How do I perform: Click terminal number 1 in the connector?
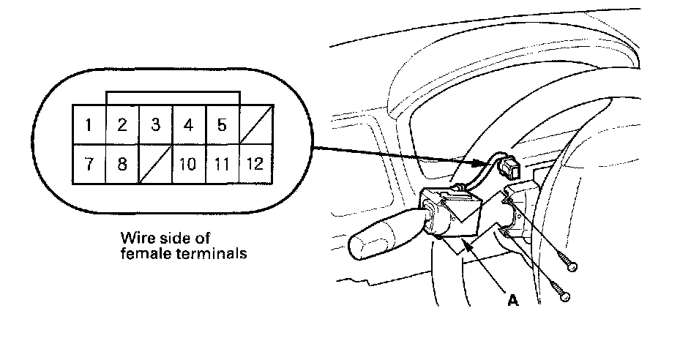pos(89,124)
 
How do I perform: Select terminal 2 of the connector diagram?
pos(122,124)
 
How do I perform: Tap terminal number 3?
pos(155,124)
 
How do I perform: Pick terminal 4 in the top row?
pos(189,124)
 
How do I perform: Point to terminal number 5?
pos(222,124)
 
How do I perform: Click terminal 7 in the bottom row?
pos(89,163)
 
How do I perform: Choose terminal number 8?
pos(122,163)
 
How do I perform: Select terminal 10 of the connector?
pos(189,163)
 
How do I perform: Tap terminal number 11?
pos(222,163)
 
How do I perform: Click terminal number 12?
pos(255,163)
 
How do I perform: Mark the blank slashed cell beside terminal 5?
pos(255,124)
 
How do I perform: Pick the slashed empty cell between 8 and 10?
pos(155,163)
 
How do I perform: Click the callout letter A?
pos(515,300)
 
